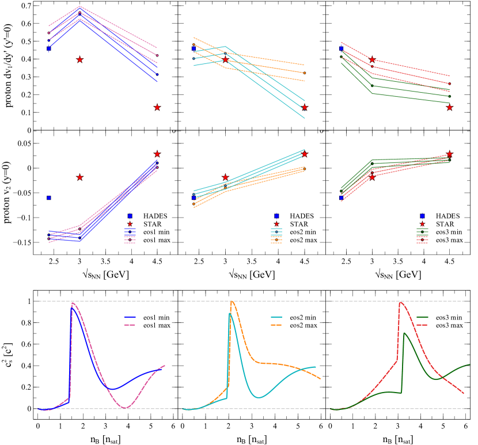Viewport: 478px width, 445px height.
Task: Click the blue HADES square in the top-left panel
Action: click(x=49, y=48)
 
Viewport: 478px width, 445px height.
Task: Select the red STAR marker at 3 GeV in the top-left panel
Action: click(x=80, y=59)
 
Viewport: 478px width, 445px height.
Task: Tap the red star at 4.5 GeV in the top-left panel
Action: click(x=157, y=107)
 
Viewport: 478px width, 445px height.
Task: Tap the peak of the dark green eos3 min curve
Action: click(x=405, y=333)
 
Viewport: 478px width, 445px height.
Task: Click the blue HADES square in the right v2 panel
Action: click(x=341, y=197)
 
